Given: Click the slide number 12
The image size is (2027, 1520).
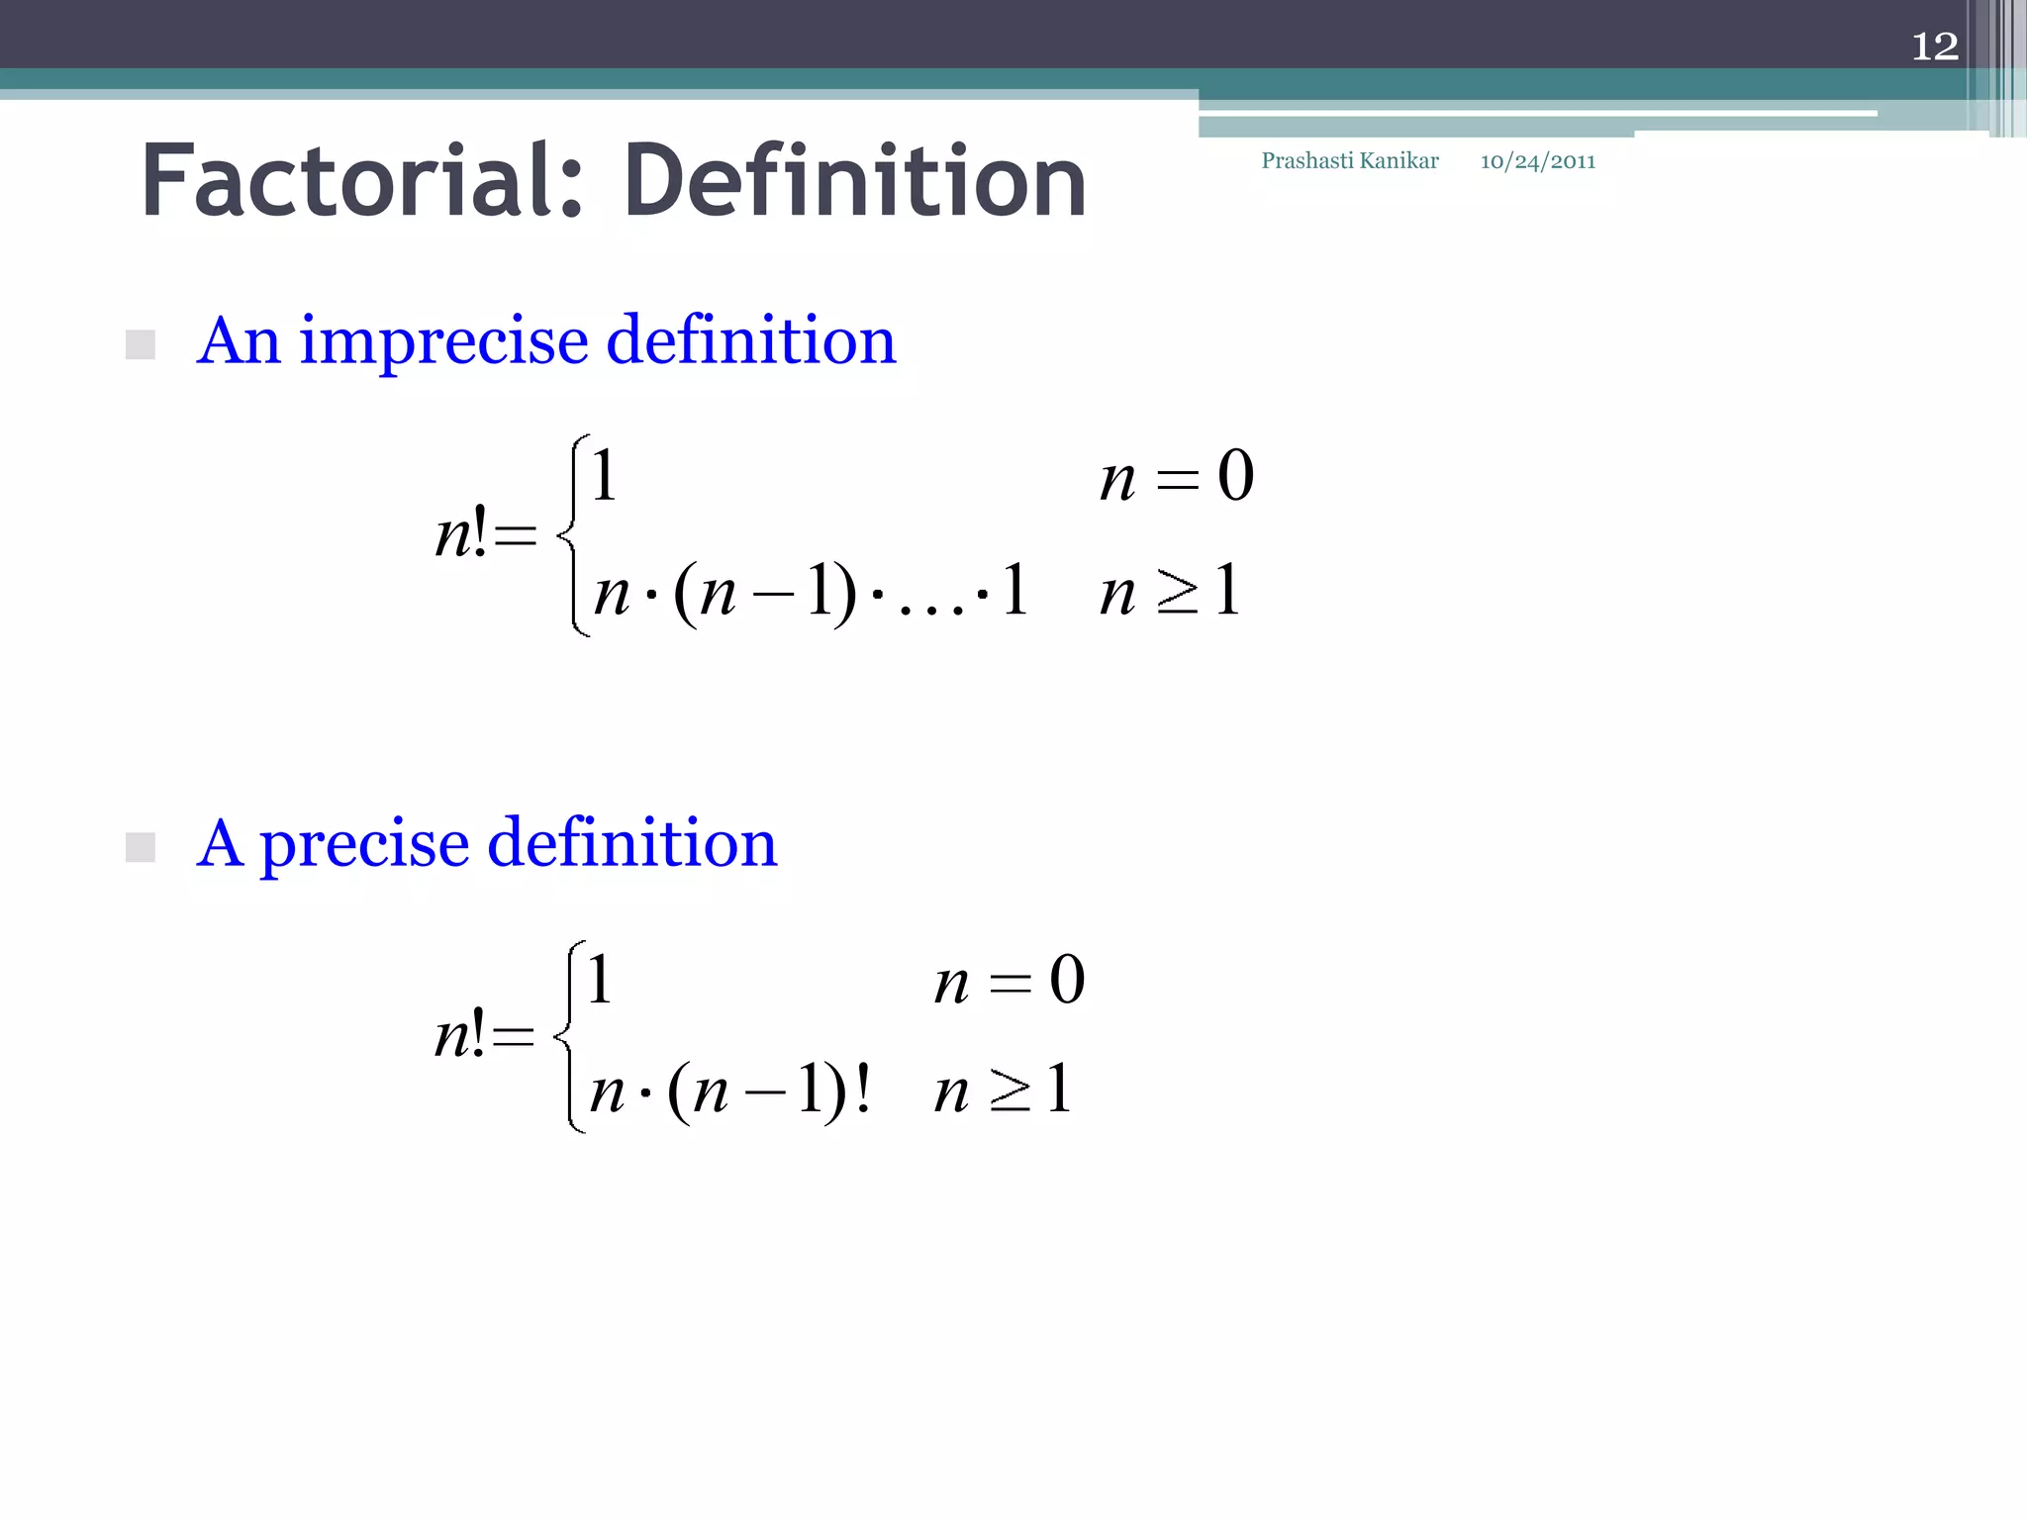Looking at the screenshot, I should [1934, 47].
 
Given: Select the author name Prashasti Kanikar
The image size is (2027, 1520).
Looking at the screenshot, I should [1349, 161].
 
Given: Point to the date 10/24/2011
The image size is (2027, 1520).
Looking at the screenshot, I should [1537, 161].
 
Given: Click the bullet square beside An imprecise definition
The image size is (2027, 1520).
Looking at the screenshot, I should [141, 344].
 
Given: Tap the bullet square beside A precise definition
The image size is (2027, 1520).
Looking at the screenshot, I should [141, 847].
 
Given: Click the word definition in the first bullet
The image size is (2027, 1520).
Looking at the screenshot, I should [750, 341].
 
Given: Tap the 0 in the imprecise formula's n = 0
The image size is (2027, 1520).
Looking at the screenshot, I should [1235, 476].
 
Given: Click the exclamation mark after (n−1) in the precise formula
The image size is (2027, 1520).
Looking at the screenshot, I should [863, 1090].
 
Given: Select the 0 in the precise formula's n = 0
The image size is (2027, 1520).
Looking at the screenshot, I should [1067, 981].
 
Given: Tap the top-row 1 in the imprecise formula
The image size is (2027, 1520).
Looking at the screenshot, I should [604, 476].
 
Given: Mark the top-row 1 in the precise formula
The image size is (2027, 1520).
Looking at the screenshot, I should [599, 980].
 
